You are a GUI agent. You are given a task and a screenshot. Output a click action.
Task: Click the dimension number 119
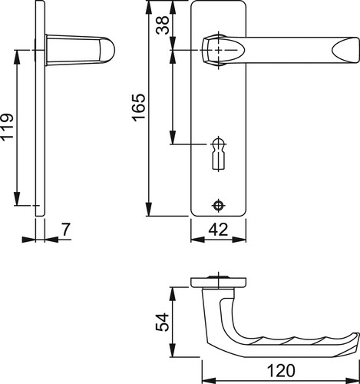pyautogui.click(x=7, y=127)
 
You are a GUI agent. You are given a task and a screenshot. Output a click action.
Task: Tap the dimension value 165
pyautogui.click(x=138, y=107)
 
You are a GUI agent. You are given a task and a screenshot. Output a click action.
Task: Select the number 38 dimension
pyautogui.click(x=163, y=25)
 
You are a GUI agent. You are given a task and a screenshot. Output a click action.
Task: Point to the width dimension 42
pyautogui.click(x=218, y=230)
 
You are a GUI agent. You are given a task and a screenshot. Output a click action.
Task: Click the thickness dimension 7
pyautogui.click(x=66, y=230)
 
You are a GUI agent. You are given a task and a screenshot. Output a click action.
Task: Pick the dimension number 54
pyautogui.click(x=163, y=322)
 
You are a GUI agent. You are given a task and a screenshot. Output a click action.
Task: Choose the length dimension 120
pyautogui.click(x=281, y=370)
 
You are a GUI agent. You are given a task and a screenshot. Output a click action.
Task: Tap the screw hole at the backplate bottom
pyautogui.click(x=218, y=205)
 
